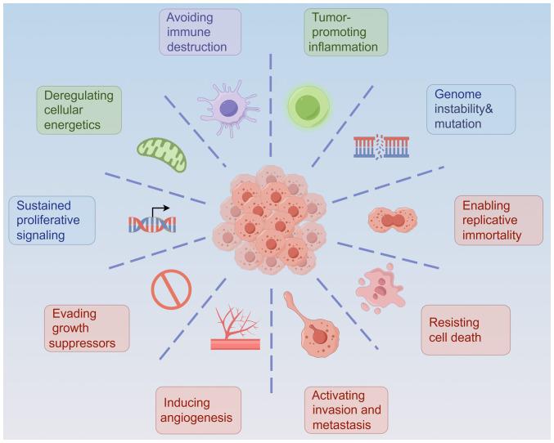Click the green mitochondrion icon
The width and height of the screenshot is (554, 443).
(x=161, y=154)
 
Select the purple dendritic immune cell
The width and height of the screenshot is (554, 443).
(x=229, y=108)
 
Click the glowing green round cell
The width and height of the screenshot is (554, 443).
(x=308, y=106)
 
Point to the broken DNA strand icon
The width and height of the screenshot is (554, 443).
(x=381, y=146)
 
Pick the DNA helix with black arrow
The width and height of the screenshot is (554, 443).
(x=152, y=221)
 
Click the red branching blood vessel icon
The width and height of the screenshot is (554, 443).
(x=236, y=327)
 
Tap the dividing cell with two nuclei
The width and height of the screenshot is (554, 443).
(x=393, y=220)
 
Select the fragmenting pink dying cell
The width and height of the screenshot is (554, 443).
(x=381, y=288)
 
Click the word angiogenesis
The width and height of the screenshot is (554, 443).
(x=196, y=418)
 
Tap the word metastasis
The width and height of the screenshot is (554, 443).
(x=342, y=425)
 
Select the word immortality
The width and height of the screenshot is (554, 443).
(x=492, y=235)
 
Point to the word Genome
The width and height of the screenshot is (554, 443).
(x=458, y=94)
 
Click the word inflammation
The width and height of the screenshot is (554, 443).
(x=343, y=47)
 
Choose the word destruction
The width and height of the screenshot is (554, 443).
(x=196, y=47)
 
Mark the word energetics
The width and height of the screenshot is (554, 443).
(x=72, y=125)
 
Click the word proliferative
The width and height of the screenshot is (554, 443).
(x=48, y=220)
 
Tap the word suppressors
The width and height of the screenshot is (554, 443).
(x=82, y=343)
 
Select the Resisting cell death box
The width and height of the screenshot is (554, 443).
(x=466, y=329)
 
